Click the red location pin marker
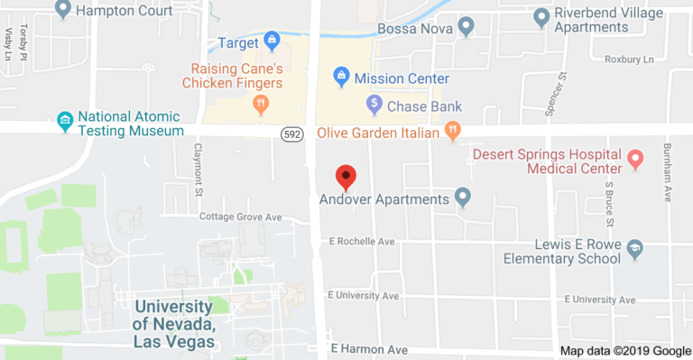346,177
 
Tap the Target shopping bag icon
271,42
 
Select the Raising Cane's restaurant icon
262,106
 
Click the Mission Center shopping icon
341,78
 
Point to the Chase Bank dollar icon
373,105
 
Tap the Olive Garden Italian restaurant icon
453,132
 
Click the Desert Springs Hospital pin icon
635,160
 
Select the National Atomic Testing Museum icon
64,120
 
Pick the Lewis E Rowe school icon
634,249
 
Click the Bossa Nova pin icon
466,26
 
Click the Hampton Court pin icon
63,10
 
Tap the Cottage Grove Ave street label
241,217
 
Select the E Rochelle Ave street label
363,242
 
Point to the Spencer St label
560,88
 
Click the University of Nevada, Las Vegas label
174,324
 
